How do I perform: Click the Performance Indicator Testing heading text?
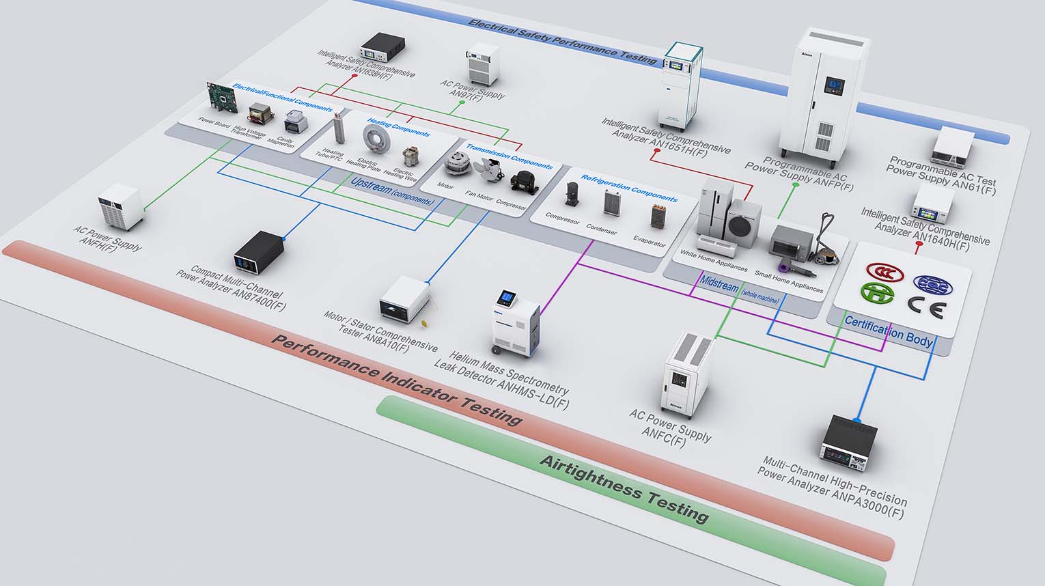click(396, 378)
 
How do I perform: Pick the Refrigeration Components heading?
click(629, 189)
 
